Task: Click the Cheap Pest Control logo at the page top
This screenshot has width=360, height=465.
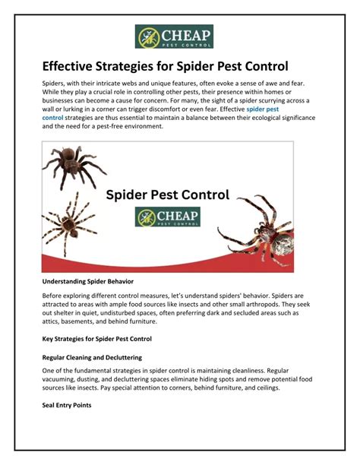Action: (x=174, y=36)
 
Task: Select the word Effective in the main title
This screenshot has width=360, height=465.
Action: (x=68, y=66)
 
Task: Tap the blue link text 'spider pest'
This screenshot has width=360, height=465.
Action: (x=263, y=109)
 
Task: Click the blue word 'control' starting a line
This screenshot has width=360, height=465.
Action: (x=52, y=118)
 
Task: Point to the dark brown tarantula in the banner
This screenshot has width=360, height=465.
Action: (x=74, y=166)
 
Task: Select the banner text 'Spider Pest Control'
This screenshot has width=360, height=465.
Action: (x=168, y=195)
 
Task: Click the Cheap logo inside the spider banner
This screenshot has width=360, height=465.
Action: (x=168, y=217)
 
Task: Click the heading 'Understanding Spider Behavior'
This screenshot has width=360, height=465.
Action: (x=88, y=281)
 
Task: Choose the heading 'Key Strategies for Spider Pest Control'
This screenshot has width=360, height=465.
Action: (x=96, y=339)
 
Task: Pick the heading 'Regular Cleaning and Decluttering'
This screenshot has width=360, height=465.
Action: (x=92, y=357)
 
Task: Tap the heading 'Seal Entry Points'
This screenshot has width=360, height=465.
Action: (x=67, y=405)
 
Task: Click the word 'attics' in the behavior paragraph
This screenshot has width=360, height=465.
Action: (x=50, y=321)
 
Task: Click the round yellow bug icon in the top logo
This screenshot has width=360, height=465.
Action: (x=147, y=37)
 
